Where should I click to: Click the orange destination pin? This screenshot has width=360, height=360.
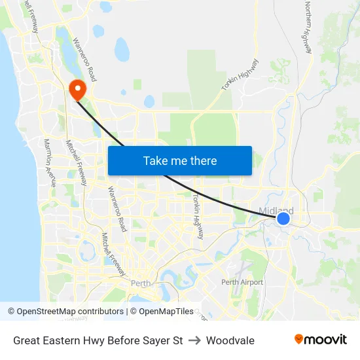(77, 89)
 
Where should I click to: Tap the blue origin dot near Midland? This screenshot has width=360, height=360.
(283, 218)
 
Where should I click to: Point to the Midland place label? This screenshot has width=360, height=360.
(276, 211)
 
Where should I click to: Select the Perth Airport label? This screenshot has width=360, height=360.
(242, 282)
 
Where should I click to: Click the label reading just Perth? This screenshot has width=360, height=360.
(141, 283)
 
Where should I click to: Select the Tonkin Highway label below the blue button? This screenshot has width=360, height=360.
(197, 216)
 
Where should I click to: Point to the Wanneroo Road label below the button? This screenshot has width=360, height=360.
(117, 209)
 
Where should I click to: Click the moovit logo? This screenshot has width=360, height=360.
(320, 340)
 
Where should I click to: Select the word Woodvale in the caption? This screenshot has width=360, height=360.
(230, 340)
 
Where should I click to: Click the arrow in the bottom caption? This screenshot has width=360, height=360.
(194, 340)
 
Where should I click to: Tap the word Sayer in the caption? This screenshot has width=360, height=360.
(154, 340)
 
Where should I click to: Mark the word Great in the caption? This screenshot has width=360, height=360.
(27, 340)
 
